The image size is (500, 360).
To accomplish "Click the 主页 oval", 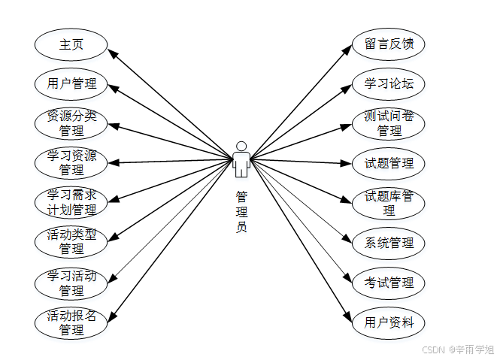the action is coord(71,44).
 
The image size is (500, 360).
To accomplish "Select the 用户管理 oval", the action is coord(71,83).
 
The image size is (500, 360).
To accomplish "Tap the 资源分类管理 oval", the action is coord(71,123).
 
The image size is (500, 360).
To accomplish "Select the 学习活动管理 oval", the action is coord(71,283).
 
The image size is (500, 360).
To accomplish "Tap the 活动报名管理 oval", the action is coord(71,322).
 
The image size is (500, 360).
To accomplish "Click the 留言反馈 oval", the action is coord(389,44).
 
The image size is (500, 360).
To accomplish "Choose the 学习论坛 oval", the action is coord(389,83).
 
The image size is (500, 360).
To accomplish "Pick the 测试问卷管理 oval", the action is coord(389,123).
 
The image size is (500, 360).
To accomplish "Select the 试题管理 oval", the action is coord(389,163).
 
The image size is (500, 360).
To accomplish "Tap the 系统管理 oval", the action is coord(389,243).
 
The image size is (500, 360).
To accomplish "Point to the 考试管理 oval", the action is coord(389,283).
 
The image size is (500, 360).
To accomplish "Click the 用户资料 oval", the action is coord(389,322).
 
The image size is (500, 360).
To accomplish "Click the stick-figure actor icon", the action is coord(241,159).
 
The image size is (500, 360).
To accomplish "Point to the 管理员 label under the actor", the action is coord(241,211).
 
